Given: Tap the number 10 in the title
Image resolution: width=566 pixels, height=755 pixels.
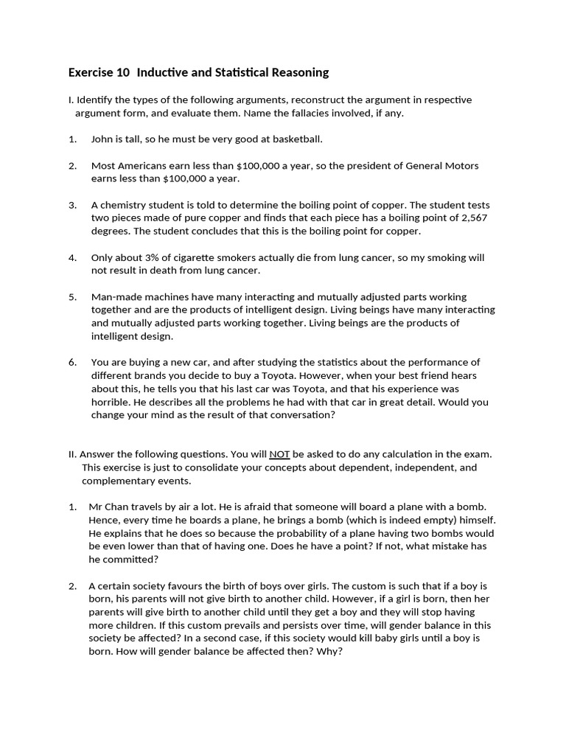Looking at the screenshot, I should (x=122, y=72).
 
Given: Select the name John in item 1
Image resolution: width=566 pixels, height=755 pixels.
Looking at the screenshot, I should (x=102, y=139).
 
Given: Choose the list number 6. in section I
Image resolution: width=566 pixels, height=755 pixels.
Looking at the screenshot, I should (x=73, y=362).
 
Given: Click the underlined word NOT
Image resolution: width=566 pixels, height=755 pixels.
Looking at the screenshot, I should (x=279, y=454).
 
